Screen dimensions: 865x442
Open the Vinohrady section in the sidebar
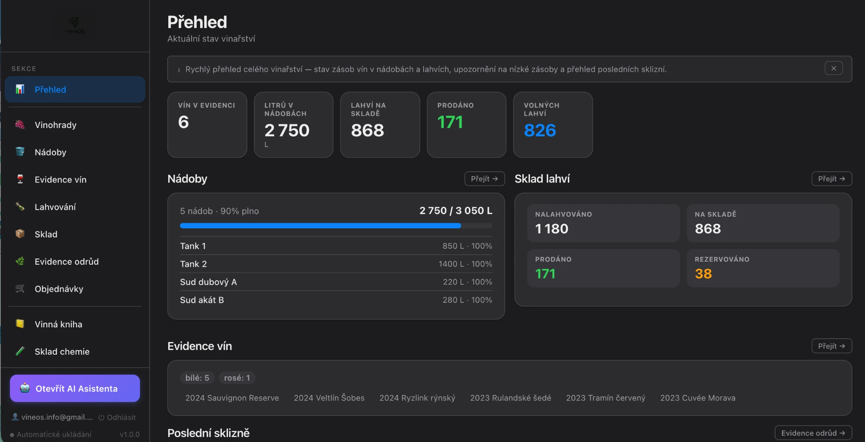pos(56,125)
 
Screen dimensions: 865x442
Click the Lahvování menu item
pos(55,207)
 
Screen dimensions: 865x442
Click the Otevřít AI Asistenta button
pos(75,388)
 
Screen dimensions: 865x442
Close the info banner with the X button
pos(833,68)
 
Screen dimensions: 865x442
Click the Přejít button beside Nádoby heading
pos(484,179)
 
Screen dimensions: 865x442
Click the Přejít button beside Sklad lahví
pos(832,179)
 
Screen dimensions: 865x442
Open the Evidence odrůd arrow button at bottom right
pos(813,433)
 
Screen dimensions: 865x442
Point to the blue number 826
pos(540,130)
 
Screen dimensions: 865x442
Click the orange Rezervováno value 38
pos(703,274)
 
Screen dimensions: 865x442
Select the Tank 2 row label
pos(193,264)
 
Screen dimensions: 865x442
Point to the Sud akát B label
pos(202,300)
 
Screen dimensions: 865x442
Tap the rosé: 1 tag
pos(237,378)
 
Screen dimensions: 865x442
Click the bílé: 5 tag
pos(197,378)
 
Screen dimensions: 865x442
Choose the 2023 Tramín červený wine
pos(605,398)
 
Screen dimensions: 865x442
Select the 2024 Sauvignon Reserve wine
pos(232,398)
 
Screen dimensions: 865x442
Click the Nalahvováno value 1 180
pos(552,229)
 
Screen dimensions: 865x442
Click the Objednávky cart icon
pos(20,288)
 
